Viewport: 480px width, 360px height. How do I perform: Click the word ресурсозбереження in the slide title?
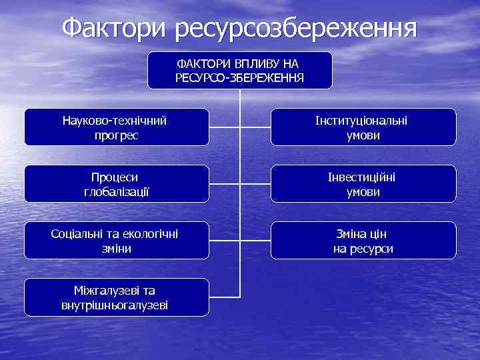pyautogui.click(x=297, y=29)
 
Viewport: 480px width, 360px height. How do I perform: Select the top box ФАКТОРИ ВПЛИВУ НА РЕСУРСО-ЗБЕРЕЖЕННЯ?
pyautogui.click(x=239, y=70)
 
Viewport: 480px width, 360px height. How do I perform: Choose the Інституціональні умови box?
pyautogui.click(x=363, y=127)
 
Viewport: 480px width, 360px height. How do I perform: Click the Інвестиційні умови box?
pyautogui.click(x=363, y=183)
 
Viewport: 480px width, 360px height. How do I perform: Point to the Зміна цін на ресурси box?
pyautogui.click(x=363, y=240)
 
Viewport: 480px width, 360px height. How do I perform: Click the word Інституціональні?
pyautogui.click(x=363, y=121)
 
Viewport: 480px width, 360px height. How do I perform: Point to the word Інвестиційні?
pyautogui.click(x=363, y=177)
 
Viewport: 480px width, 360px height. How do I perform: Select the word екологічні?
pyautogui.click(x=149, y=234)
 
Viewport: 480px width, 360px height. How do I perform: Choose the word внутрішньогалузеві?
pyautogui.click(x=114, y=305)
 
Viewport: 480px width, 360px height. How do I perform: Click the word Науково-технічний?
pyautogui.click(x=114, y=121)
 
